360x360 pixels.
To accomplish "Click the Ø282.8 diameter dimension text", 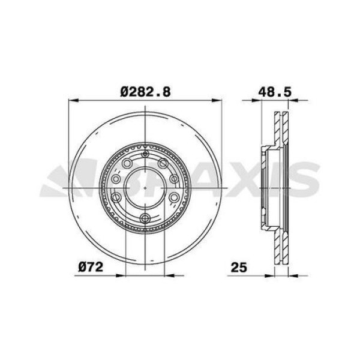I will (146, 92).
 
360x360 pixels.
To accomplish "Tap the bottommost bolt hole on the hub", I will (145, 218).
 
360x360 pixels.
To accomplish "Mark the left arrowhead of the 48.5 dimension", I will (263, 101).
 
